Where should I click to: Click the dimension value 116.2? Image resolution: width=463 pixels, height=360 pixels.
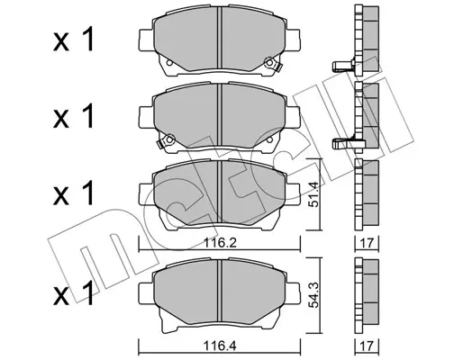click(220, 242)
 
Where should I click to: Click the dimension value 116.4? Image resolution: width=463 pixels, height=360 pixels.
click(220, 346)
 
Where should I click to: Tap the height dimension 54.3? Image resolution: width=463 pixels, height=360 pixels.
click(314, 295)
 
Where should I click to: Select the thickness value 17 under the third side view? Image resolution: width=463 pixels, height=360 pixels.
click(367, 243)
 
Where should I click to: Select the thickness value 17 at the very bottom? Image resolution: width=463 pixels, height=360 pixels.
click(367, 346)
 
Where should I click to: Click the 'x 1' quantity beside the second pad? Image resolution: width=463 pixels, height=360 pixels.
click(74, 116)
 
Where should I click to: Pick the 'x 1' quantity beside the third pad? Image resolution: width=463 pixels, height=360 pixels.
click(74, 193)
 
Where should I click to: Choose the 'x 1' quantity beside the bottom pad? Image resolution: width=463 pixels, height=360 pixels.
click(74, 293)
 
